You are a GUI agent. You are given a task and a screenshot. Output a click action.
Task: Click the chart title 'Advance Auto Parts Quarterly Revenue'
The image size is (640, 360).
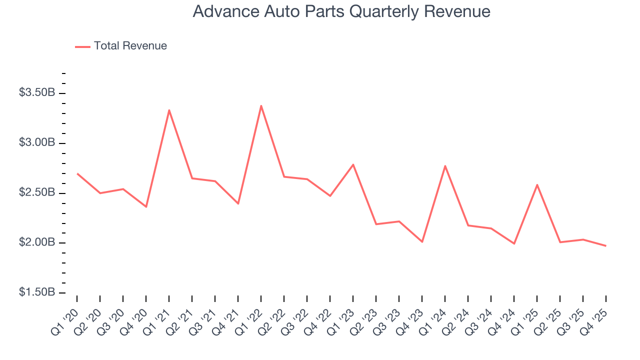(341, 12)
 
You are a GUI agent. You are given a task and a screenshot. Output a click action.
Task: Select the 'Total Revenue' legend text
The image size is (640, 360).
(130, 46)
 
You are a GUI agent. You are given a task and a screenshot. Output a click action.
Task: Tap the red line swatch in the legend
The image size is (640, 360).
(82, 46)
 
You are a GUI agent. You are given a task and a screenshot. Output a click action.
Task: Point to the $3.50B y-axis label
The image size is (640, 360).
(37, 93)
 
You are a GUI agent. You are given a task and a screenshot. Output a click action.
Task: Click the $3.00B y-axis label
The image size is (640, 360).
(37, 143)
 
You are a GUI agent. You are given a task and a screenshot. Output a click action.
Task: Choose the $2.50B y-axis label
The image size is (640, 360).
(37, 193)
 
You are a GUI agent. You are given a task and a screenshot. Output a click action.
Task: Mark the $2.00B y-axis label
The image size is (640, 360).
(37, 242)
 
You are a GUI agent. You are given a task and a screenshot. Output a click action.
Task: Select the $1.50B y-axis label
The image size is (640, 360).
(37, 292)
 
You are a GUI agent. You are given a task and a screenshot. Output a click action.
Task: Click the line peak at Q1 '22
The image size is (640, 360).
(261, 105)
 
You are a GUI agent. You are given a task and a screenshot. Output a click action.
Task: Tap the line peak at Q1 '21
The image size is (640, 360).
(169, 110)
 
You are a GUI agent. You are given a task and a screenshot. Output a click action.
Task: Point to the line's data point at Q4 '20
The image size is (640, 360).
(146, 206)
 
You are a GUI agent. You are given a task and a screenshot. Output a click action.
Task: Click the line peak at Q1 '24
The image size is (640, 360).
(445, 166)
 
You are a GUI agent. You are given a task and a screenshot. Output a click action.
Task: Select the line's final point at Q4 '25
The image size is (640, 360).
(606, 245)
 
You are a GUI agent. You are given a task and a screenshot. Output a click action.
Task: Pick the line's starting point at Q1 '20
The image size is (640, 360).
(77, 173)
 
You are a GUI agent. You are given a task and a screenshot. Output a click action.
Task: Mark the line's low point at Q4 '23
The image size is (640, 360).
(422, 242)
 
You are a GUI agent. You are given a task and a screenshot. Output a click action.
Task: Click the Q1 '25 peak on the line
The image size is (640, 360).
(537, 185)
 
